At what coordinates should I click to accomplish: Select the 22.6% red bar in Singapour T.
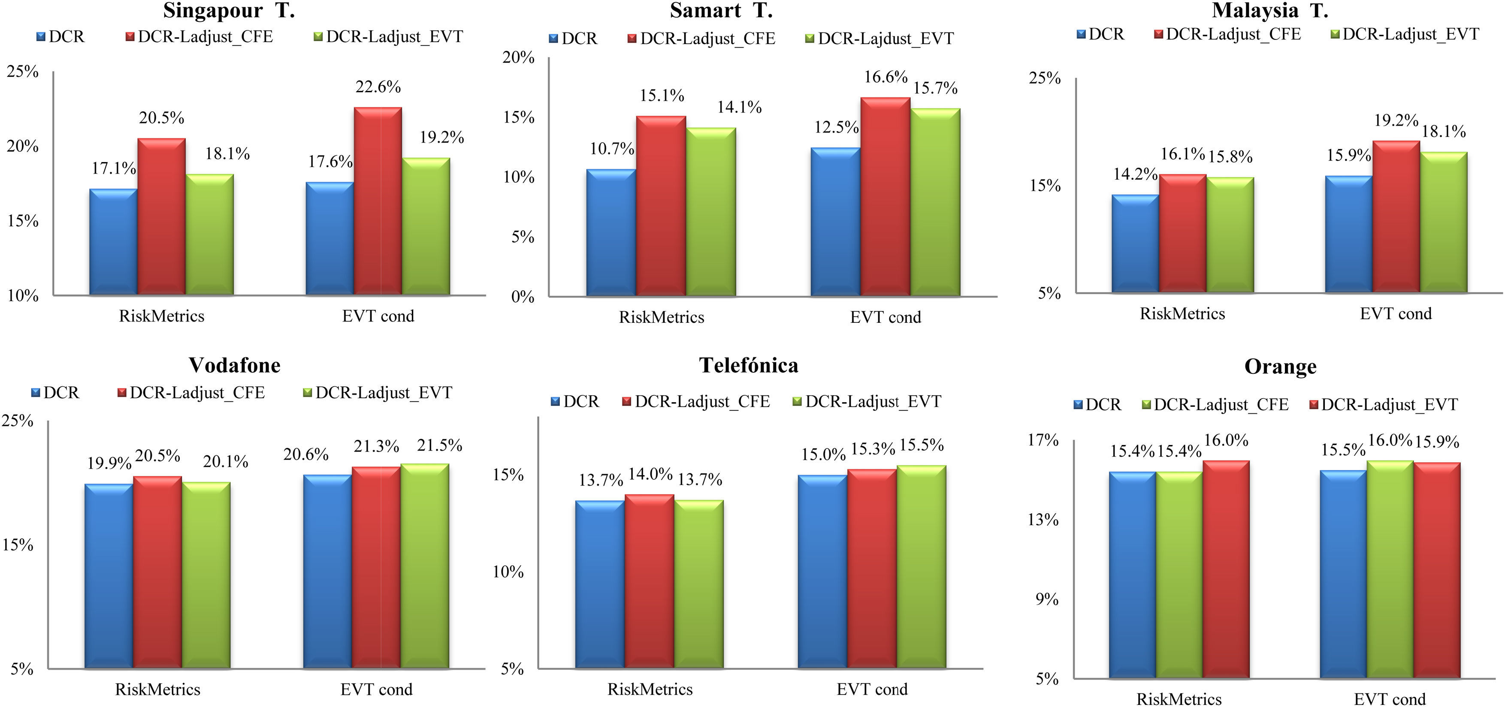click(x=378, y=202)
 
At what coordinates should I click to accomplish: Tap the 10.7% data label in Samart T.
click(x=612, y=149)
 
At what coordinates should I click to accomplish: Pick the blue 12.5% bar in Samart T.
click(x=835, y=222)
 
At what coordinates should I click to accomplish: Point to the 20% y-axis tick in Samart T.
click(x=519, y=57)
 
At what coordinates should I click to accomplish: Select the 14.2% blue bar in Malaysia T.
click(x=1135, y=244)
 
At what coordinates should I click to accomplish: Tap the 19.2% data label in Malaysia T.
click(x=1396, y=120)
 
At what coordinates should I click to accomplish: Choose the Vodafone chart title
click(x=234, y=365)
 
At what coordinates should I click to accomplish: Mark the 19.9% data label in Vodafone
click(x=109, y=463)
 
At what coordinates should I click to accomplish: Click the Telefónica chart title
click(x=748, y=365)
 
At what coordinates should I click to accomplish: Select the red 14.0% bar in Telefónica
click(x=649, y=581)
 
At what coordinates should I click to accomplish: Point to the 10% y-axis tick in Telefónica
click(x=508, y=572)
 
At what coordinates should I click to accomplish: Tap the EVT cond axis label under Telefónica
click(x=872, y=689)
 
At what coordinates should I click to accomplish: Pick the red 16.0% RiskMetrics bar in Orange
click(x=1226, y=570)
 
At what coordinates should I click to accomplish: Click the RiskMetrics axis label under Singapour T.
click(x=161, y=316)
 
